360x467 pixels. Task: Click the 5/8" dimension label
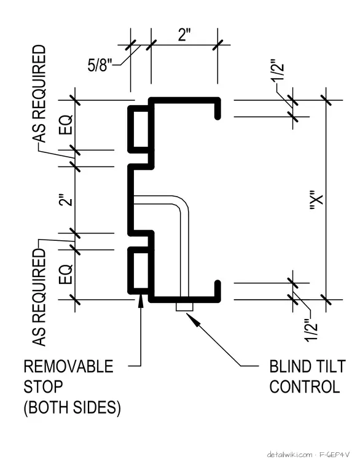(100, 65)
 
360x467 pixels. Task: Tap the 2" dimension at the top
(184, 35)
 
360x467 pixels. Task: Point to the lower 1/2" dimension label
(311, 330)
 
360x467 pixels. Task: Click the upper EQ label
(66, 124)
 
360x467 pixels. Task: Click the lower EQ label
(66, 273)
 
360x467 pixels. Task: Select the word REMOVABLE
(68, 366)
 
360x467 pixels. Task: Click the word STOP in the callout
(43, 387)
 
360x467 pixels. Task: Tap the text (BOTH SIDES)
(72, 407)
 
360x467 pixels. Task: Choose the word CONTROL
(305, 387)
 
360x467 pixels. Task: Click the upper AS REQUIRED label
(39, 94)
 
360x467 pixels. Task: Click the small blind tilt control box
(184, 307)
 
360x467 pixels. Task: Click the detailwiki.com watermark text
(289, 455)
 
